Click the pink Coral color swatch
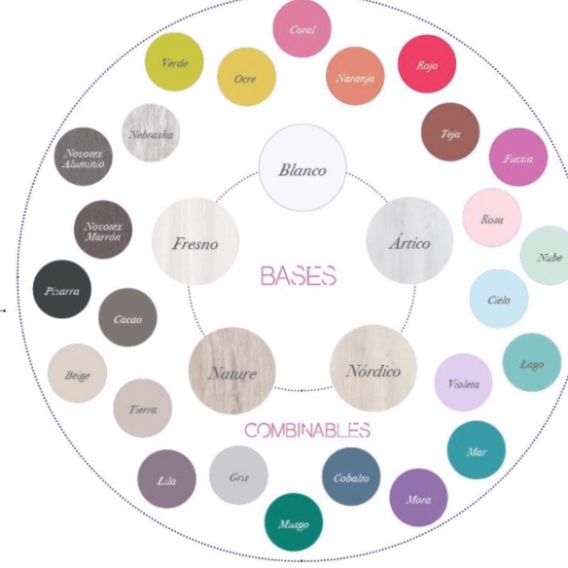point(302,28)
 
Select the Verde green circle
point(174,62)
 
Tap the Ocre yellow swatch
point(246,77)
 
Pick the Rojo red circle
point(427,64)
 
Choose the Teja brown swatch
point(450,132)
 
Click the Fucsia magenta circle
point(518,158)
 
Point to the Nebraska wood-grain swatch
point(151,133)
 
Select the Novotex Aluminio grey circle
point(84,157)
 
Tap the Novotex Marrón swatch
point(103,230)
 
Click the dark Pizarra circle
point(62,289)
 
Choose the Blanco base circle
point(302,167)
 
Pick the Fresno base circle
point(195,241)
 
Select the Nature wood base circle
point(232,371)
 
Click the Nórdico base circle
point(373,369)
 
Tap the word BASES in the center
point(299,275)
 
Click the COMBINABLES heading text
point(307,430)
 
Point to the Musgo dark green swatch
point(294,522)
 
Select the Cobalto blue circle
point(351,477)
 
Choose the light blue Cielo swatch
point(499,299)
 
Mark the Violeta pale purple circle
point(464,382)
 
